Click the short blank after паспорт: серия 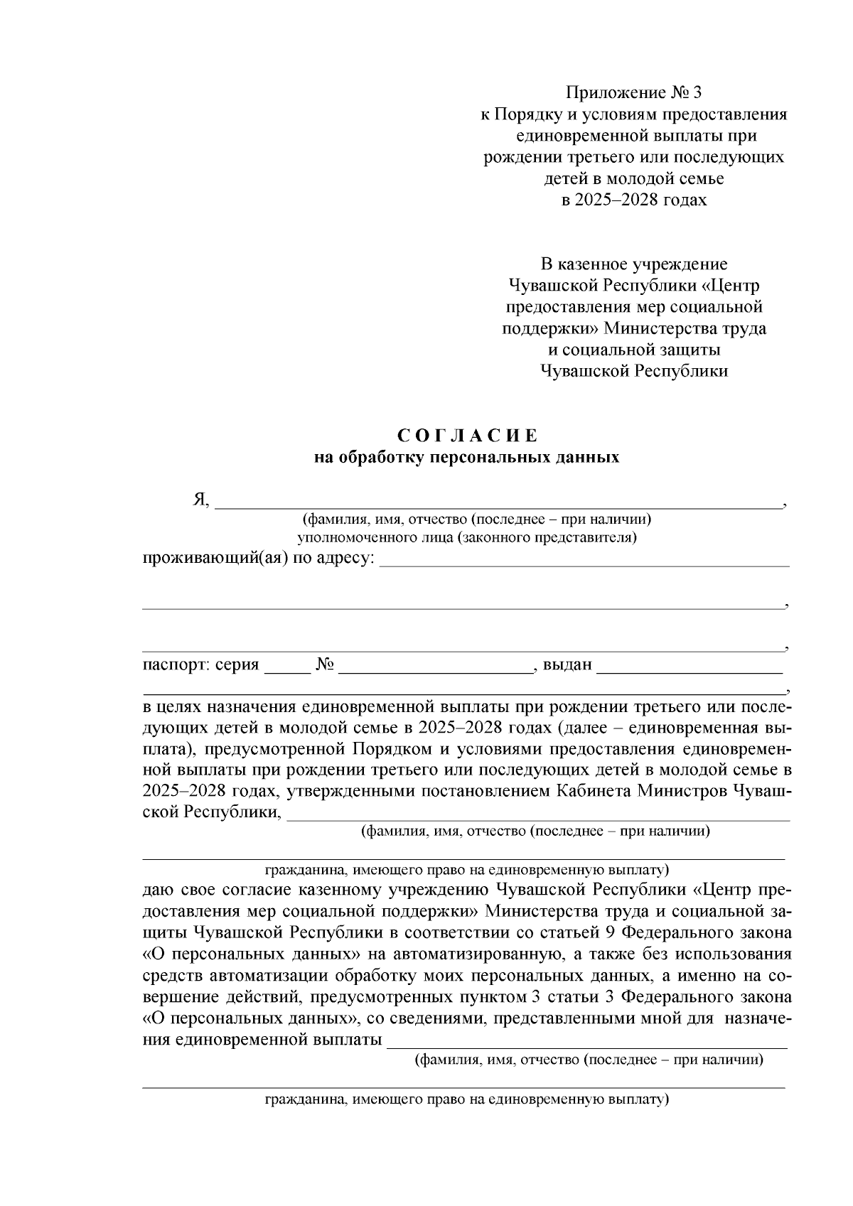point(287,668)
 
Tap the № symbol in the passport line point(325,665)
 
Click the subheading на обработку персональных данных point(467,457)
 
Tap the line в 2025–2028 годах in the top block point(634,200)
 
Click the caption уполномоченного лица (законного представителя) point(467,537)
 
